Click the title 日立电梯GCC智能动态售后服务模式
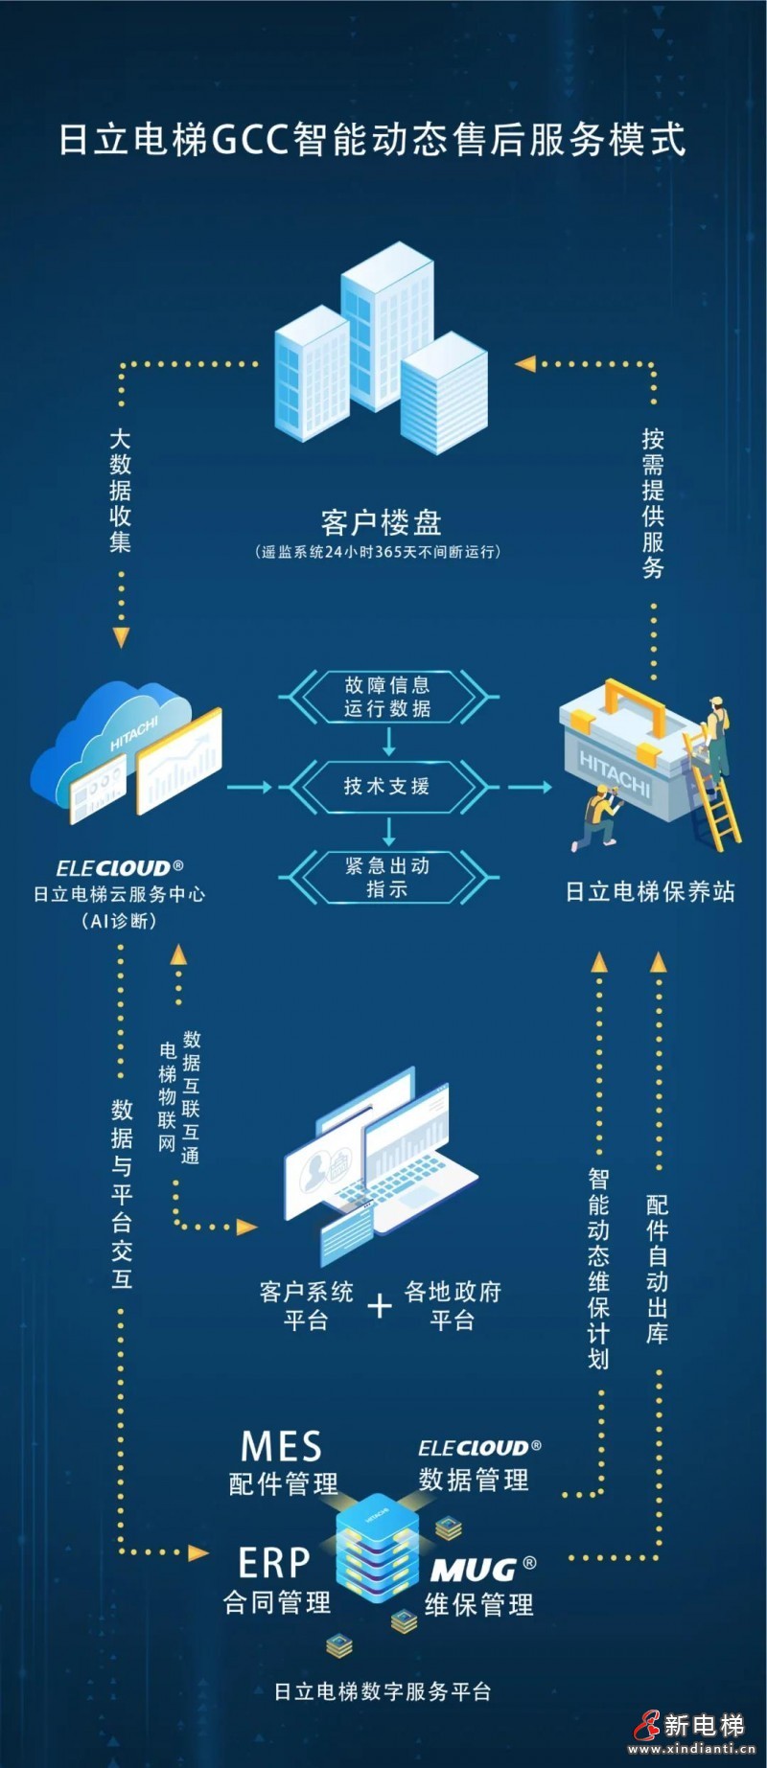(x=372, y=140)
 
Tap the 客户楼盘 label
(x=381, y=522)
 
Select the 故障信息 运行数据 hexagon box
(x=387, y=697)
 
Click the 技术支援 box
(x=387, y=787)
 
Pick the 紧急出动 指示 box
(x=387, y=877)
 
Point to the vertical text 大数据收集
(x=120, y=491)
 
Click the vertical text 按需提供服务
(x=653, y=503)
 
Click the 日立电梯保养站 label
(x=650, y=892)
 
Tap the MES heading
(x=281, y=1446)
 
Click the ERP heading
(x=274, y=1563)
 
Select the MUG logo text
(x=475, y=1570)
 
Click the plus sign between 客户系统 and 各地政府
(x=380, y=1305)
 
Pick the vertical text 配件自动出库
(x=657, y=1269)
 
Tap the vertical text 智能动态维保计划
(x=598, y=1269)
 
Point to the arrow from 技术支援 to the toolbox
(x=529, y=787)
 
